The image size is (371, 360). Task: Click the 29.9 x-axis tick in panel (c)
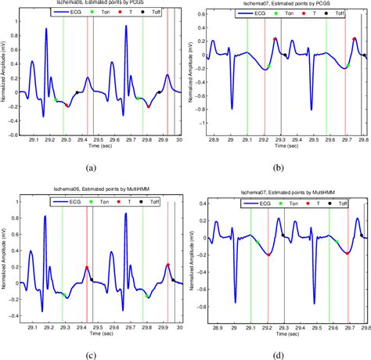pos(163,319)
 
